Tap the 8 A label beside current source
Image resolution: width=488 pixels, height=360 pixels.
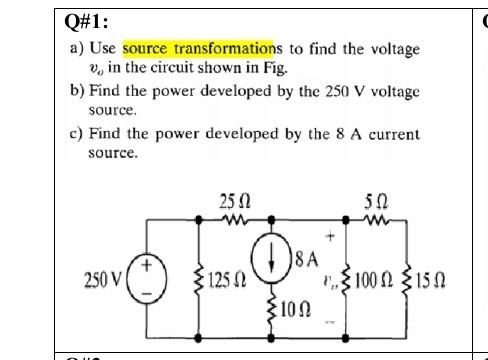tap(306, 258)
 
